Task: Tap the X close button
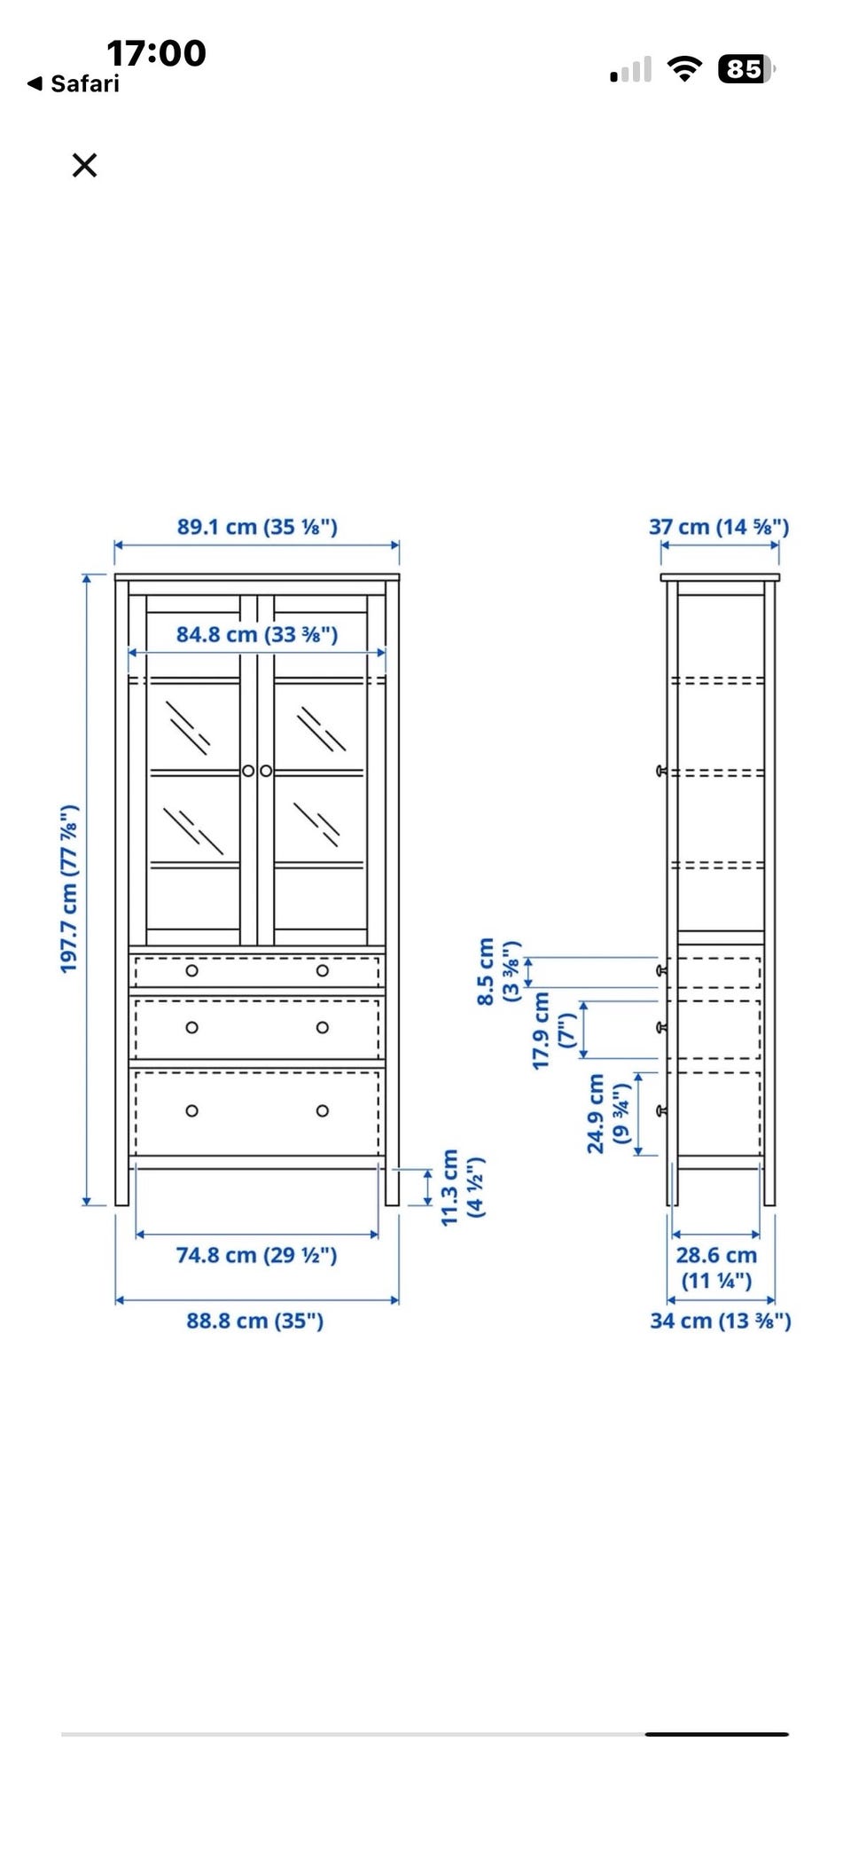click(84, 165)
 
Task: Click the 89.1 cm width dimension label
click(257, 527)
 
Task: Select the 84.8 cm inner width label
click(257, 634)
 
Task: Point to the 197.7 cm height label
click(69, 889)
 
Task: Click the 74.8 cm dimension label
click(256, 1255)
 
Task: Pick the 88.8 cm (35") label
click(255, 1321)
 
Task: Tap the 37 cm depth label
click(719, 527)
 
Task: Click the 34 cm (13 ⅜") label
click(721, 1321)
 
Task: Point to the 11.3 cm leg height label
click(462, 1188)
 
